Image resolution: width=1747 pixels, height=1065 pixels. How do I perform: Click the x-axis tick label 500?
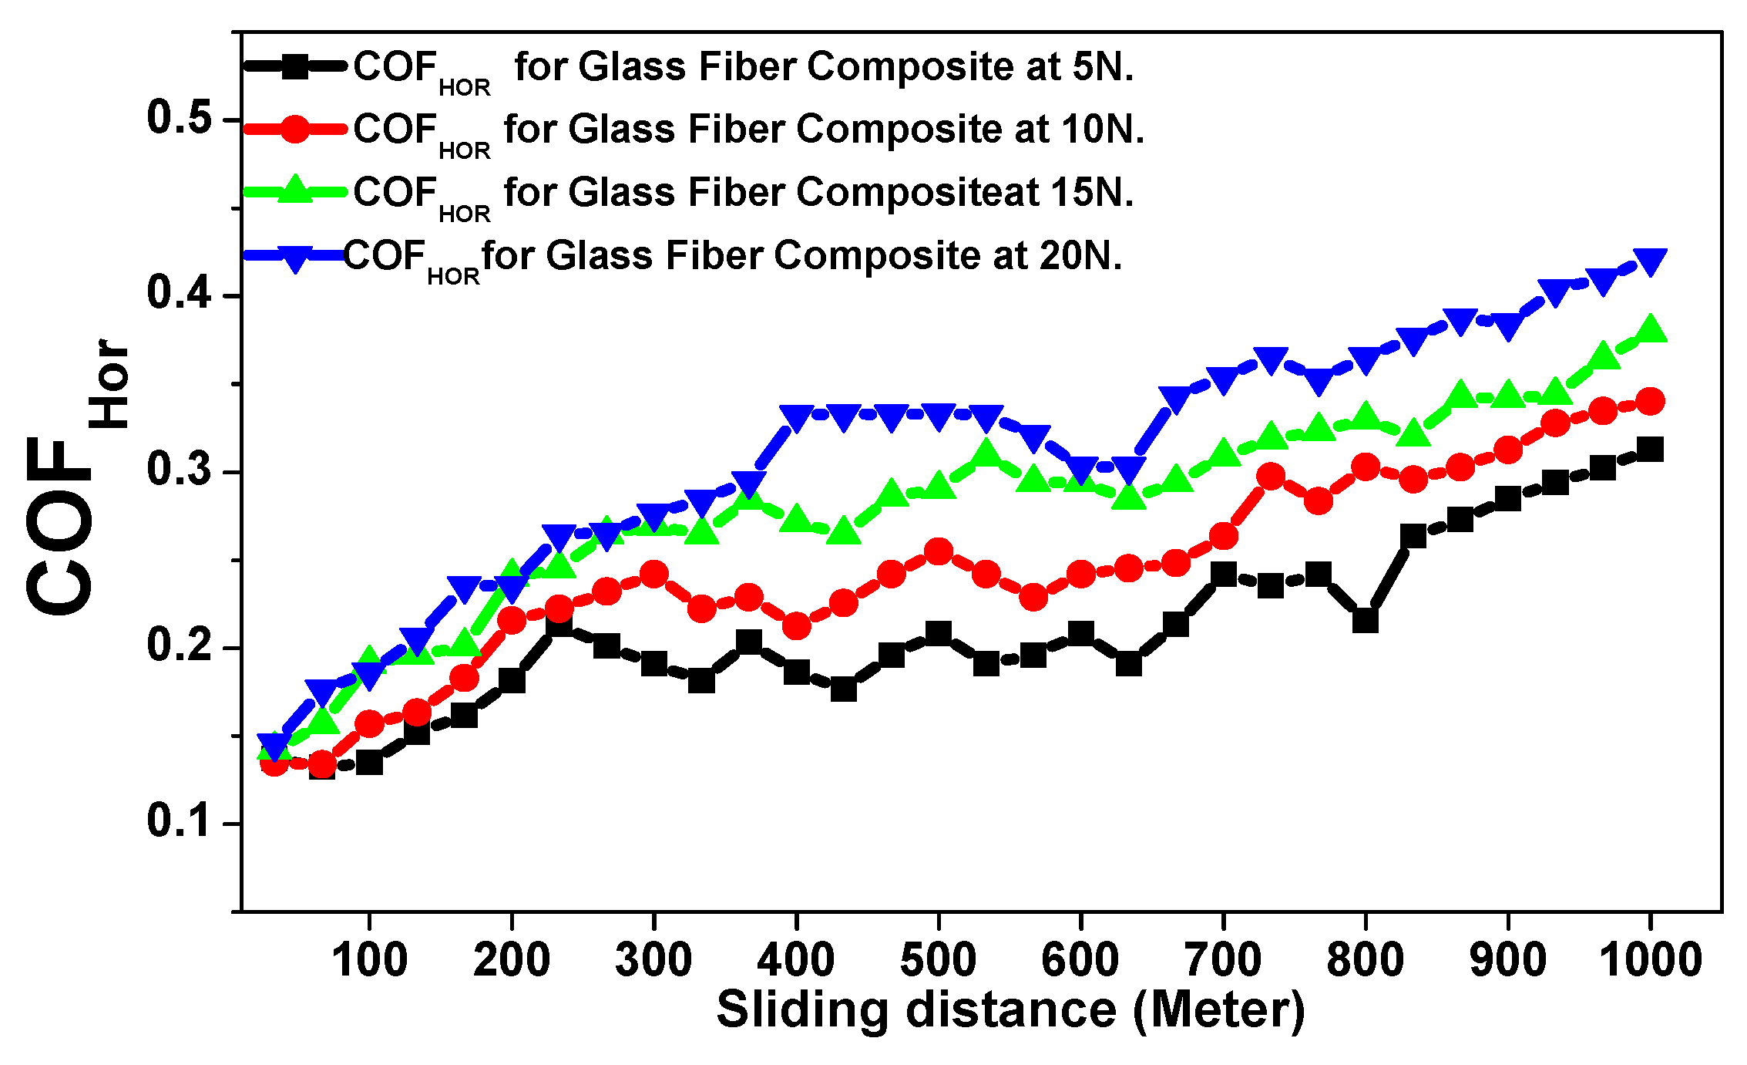tap(938, 960)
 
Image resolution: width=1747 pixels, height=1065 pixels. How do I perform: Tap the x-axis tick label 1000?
tap(1650, 960)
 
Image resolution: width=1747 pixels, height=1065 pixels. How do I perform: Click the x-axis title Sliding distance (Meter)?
tap(1010, 1010)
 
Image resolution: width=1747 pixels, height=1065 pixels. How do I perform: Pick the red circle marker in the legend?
tap(294, 129)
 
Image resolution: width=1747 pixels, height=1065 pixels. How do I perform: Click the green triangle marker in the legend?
tap(294, 190)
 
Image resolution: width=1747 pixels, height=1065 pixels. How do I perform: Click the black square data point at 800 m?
tap(1365, 620)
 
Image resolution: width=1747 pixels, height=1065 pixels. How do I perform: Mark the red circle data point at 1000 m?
tap(1650, 401)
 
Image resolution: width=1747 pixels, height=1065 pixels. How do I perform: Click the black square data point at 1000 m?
tap(1650, 450)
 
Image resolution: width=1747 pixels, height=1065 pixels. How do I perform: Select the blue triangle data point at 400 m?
tap(796, 417)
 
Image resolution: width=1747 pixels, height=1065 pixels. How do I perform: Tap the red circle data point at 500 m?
tap(938, 552)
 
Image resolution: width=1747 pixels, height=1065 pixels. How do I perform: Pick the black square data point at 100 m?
tap(369, 763)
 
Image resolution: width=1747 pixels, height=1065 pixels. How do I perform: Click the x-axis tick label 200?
tap(512, 960)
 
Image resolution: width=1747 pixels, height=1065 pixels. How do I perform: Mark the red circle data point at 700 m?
tap(1223, 536)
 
